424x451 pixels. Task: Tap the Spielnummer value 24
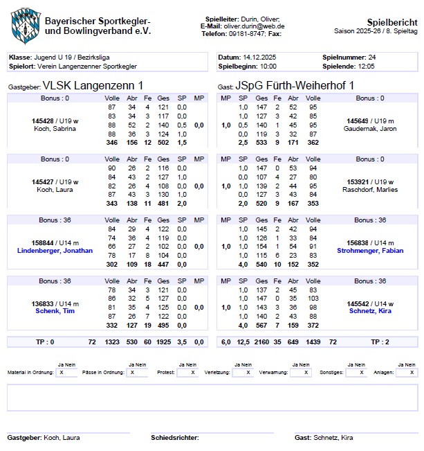click(x=372, y=56)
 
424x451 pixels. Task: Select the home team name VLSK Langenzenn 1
click(x=93, y=85)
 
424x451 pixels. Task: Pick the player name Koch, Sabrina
click(x=55, y=129)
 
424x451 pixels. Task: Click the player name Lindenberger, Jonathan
click(x=55, y=250)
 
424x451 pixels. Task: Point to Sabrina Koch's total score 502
click(x=163, y=142)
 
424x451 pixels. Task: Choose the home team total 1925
click(x=163, y=342)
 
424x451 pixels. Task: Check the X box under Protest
click(x=192, y=372)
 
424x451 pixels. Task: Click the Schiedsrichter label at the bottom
click(x=175, y=438)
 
